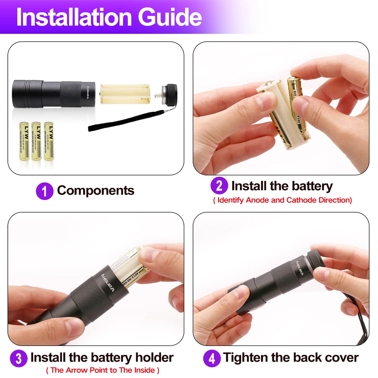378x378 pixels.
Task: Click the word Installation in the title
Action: click(74, 17)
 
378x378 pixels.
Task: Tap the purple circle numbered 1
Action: click(45, 192)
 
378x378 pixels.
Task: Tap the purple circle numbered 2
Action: click(219, 186)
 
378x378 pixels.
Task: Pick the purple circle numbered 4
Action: click(212, 358)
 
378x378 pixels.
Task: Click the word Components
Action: click(96, 190)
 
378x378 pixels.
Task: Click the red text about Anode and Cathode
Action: click(282, 200)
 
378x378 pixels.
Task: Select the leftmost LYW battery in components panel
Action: click(24, 141)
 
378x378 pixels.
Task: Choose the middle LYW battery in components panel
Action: click(36, 141)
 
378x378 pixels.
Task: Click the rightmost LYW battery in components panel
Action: click(49, 141)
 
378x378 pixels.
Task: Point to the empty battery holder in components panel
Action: click(125, 94)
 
